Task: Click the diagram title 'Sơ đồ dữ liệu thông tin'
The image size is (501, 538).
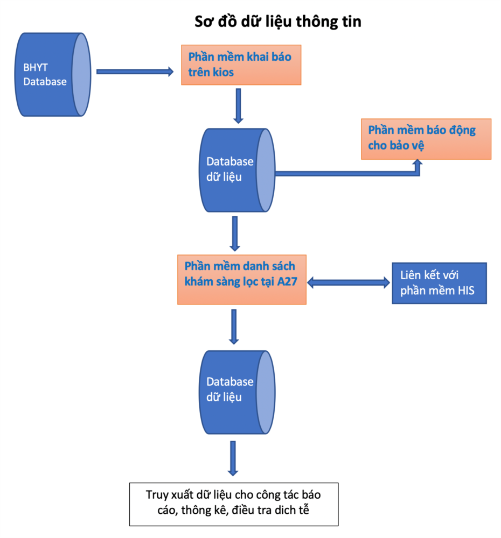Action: (278, 22)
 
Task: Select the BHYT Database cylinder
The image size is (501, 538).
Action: (51, 75)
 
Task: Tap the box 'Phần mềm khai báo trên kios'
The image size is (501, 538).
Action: (241, 65)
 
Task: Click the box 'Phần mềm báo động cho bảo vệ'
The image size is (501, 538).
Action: (426, 139)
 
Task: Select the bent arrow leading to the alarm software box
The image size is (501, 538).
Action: (350, 173)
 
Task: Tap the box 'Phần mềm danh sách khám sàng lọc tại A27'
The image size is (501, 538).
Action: (242, 280)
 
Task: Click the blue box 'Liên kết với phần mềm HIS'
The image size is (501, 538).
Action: (439, 283)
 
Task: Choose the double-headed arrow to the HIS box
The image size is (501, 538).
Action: (349, 282)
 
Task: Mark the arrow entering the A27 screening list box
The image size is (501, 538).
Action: (234, 233)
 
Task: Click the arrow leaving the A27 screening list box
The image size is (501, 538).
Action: (233, 326)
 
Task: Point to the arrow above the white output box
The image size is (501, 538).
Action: (233, 458)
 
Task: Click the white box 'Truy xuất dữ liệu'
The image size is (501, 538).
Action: (233, 504)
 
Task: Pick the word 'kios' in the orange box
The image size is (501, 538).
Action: (222, 72)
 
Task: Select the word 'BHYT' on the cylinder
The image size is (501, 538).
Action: (35, 68)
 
